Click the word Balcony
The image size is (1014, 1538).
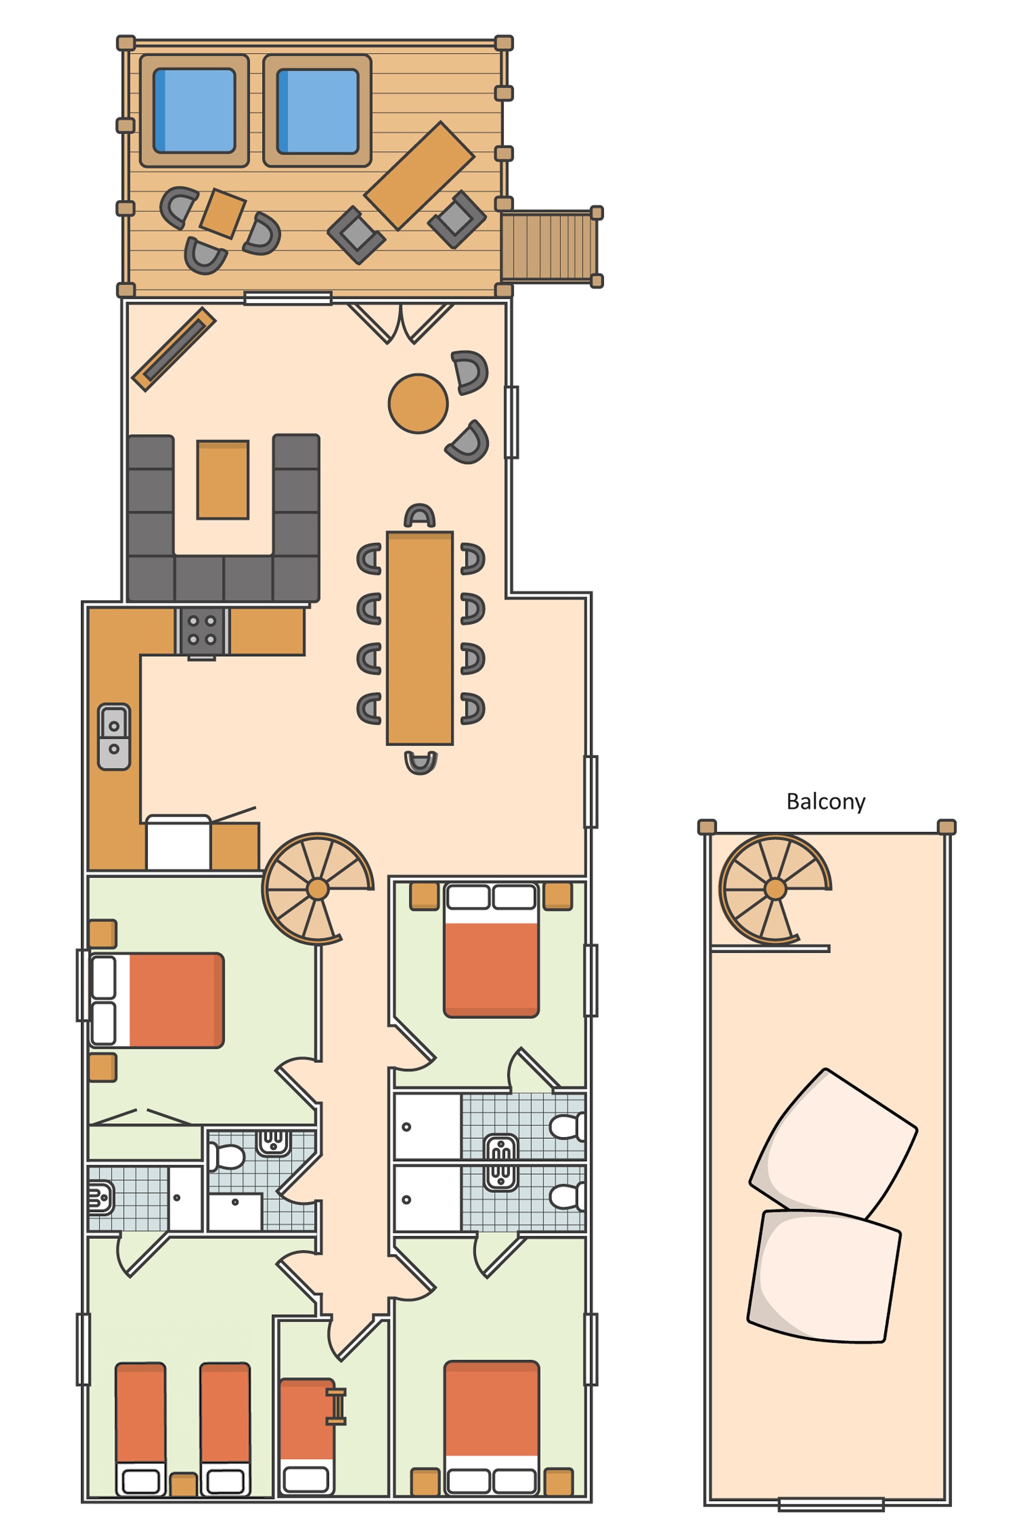pyautogui.click(x=825, y=802)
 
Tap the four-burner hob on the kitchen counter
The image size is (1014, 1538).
pyautogui.click(x=202, y=631)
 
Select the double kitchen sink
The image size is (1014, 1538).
pyautogui.click(x=114, y=737)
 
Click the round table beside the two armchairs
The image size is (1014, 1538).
pyautogui.click(x=418, y=403)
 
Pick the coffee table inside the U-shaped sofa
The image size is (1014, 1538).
pyautogui.click(x=223, y=479)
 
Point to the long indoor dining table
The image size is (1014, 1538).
pyautogui.click(x=420, y=638)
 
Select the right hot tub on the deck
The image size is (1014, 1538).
pyautogui.click(x=317, y=111)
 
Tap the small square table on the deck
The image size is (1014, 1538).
pyautogui.click(x=223, y=213)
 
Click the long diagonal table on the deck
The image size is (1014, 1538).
pyautogui.click(x=420, y=175)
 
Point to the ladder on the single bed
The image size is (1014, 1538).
pyautogui.click(x=336, y=1406)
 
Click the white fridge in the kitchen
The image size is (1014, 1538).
pyautogui.click(x=178, y=843)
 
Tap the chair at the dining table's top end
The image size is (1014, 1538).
pyautogui.click(x=420, y=516)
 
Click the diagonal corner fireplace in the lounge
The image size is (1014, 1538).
pyautogui.click(x=173, y=349)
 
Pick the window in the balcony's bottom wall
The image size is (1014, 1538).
pyautogui.click(x=831, y=1505)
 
